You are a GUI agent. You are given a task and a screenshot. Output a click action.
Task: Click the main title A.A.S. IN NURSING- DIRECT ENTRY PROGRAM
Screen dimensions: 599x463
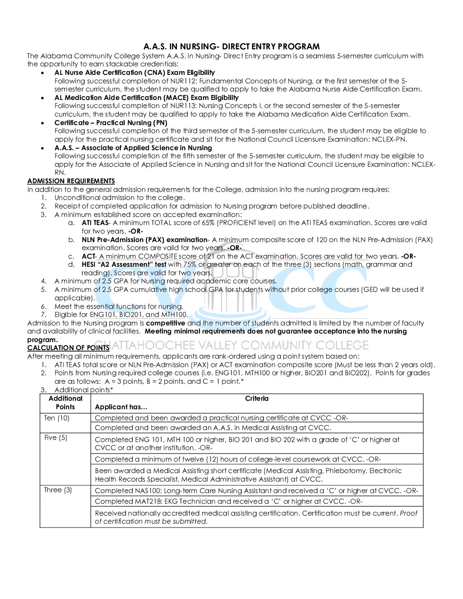(231, 46)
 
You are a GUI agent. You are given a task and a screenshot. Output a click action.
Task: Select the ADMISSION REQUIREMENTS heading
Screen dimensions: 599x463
(71, 181)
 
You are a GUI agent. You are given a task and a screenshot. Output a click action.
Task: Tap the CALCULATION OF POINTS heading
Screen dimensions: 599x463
(68, 348)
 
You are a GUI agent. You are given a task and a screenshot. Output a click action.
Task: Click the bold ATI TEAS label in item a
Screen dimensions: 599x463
(95, 222)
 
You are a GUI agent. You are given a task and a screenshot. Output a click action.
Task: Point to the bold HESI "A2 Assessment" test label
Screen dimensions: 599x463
(124, 264)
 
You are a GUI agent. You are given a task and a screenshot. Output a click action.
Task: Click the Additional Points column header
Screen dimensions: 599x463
(65, 402)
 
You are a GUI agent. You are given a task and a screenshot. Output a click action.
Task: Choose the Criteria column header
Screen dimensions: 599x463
(257, 399)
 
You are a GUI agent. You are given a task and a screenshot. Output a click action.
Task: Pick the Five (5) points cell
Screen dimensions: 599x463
(56, 437)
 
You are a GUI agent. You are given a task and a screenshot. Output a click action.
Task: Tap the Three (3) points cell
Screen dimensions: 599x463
(58, 490)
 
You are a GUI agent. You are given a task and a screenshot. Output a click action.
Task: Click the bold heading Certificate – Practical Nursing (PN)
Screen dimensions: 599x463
(111, 123)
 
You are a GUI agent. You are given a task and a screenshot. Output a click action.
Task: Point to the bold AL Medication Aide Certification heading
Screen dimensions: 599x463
(146, 97)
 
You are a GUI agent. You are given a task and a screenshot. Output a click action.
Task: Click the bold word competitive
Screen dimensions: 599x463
(165, 323)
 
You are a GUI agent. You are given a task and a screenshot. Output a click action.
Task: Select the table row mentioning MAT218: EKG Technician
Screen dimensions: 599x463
(229, 501)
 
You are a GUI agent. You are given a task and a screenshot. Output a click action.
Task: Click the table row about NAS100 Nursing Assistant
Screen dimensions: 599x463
(256, 491)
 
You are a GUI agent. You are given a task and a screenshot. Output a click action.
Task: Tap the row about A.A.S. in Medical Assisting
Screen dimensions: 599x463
(212, 428)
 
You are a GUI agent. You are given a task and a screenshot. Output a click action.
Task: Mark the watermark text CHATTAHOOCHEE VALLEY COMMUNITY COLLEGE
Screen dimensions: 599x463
(238, 345)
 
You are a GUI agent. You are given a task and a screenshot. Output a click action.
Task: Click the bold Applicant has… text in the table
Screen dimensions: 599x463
(121, 407)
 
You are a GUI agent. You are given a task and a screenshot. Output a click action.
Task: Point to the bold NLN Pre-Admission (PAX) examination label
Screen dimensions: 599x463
(144, 240)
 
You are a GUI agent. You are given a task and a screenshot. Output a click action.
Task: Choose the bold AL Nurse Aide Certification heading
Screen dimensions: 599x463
(134, 72)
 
